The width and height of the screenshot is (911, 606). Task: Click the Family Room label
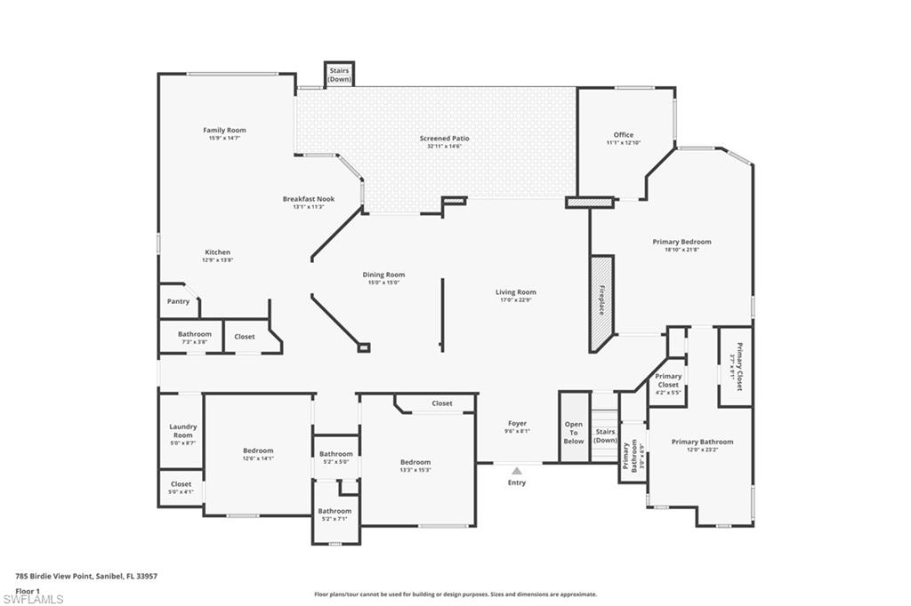coord(224,131)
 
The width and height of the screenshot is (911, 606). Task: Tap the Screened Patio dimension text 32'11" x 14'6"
coord(444,147)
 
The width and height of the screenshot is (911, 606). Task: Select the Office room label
coord(623,135)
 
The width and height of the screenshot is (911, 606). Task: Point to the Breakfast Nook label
coord(309,199)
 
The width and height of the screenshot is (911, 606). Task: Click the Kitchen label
coord(218,252)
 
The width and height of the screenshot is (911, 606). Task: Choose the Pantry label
coord(178,301)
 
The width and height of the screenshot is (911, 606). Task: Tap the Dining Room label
coord(383,275)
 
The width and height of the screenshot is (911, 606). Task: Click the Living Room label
coord(516,292)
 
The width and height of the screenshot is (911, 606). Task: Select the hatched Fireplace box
coord(601,302)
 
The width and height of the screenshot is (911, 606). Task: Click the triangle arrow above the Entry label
coord(517,471)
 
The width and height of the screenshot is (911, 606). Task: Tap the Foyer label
coord(517,424)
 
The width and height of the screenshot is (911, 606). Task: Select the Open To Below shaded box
coord(574,433)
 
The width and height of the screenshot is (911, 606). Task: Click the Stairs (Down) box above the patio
coord(339,74)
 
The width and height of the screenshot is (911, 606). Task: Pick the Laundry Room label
coord(181,431)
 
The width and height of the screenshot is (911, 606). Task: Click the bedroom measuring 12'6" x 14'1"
coord(258,454)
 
